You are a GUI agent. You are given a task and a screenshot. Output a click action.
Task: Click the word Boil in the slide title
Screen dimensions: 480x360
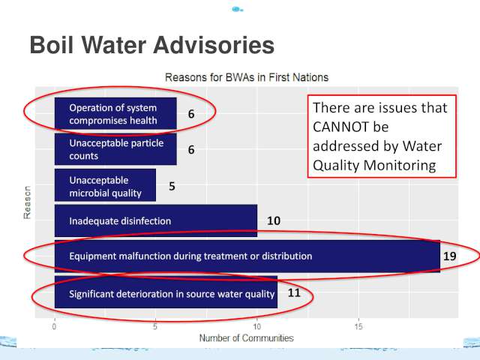pos(52,45)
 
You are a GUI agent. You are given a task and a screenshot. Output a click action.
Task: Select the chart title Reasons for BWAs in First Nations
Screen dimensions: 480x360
pos(247,77)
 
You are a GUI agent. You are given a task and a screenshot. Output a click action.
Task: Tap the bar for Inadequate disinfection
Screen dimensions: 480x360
pos(156,220)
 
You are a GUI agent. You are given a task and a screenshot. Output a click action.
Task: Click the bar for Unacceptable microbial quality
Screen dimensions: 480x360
pos(105,185)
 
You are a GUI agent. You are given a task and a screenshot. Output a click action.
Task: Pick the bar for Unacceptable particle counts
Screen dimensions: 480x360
pos(115,149)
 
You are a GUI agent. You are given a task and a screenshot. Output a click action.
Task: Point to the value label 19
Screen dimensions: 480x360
pos(450,256)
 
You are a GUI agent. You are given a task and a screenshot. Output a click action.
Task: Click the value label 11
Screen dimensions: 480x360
pos(294,292)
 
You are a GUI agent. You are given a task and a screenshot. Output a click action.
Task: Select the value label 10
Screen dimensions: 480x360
pos(274,220)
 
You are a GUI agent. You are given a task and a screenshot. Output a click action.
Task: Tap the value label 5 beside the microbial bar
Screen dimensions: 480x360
pos(172,186)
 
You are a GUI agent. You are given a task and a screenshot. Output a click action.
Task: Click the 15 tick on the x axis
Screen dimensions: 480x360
pos(358,326)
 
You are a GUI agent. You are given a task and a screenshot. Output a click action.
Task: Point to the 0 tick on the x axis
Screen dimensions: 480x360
pos(54,326)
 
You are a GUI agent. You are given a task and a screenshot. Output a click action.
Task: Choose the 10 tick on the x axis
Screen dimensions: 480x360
pos(257,326)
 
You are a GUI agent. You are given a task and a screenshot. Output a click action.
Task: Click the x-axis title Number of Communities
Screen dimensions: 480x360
pos(247,338)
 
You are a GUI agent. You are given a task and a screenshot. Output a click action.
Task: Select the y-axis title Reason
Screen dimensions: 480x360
pos(27,202)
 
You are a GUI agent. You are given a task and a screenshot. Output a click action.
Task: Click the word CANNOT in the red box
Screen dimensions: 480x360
pos(350,127)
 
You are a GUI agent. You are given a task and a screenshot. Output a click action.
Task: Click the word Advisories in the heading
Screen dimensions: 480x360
pos(213,45)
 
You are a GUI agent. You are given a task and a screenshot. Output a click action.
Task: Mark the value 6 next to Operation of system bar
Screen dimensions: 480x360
pos(191,114)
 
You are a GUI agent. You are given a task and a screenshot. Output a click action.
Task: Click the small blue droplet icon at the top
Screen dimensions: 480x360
pos(237,10)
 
